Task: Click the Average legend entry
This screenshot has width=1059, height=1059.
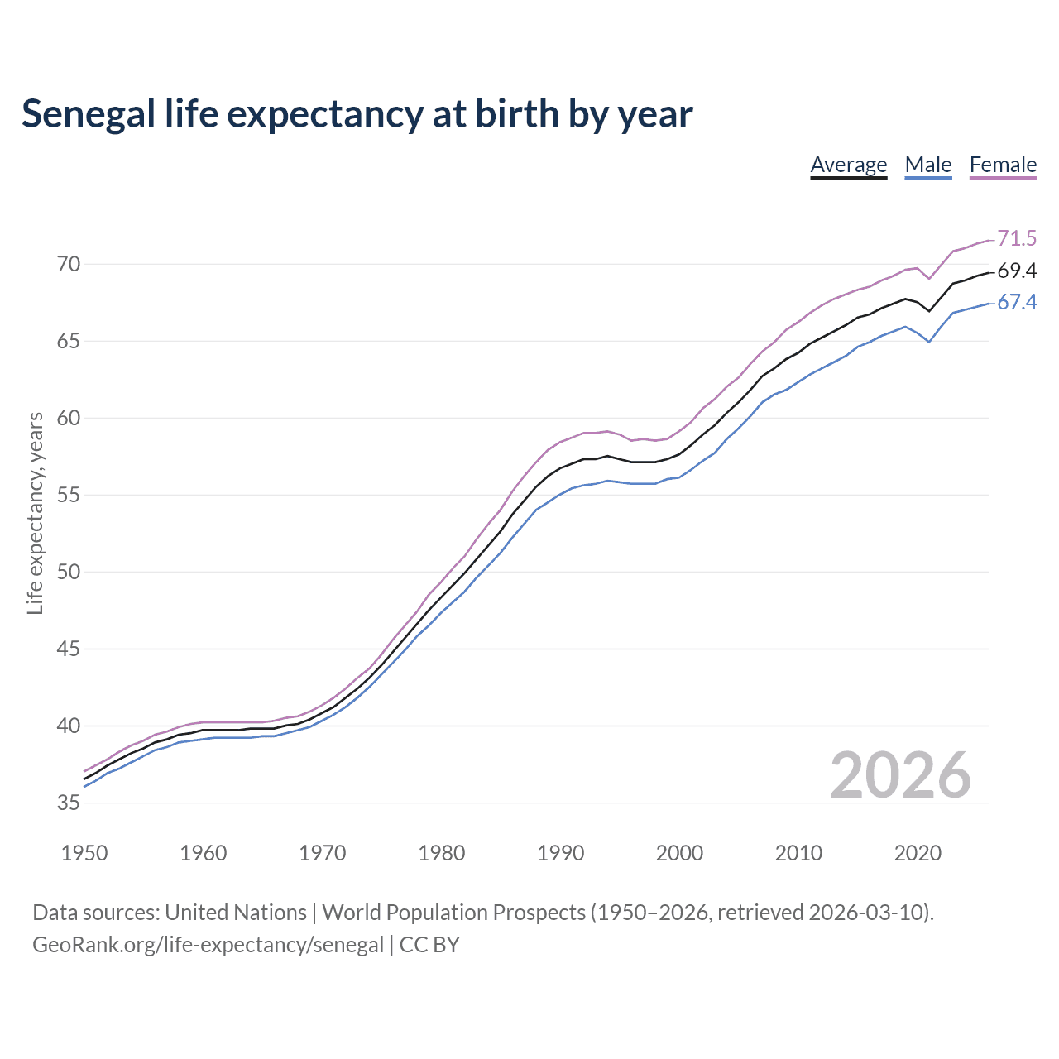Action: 848,165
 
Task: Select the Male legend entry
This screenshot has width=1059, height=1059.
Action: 927,165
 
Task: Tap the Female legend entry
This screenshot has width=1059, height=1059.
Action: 1003,165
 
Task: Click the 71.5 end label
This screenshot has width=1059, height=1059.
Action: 1017,238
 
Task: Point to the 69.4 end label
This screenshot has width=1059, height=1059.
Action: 1017,271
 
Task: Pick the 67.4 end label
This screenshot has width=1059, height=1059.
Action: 1017,303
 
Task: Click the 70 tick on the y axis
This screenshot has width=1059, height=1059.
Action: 69,265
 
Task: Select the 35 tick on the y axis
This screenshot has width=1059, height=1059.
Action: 69,803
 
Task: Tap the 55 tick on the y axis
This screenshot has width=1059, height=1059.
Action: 69,496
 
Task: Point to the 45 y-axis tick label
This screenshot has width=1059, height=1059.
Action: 69,649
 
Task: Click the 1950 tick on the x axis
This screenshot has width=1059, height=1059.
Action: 84,853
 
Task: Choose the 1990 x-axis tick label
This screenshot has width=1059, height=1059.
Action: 560,853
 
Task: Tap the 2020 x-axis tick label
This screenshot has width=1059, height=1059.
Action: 918,853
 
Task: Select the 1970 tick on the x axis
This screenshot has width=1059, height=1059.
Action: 323,853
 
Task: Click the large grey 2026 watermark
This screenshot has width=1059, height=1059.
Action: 900,775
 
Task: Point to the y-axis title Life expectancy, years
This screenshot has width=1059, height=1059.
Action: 35,514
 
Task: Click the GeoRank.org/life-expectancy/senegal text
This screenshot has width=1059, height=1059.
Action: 208,945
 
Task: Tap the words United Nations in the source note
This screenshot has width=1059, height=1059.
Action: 236,913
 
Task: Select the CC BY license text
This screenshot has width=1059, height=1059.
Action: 429,945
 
